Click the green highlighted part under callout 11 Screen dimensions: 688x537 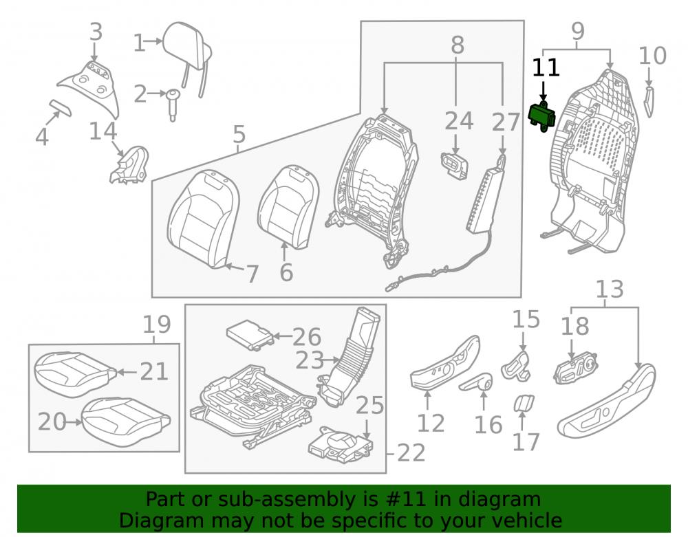pos(542,117)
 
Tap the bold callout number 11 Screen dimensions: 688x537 pos(546,68)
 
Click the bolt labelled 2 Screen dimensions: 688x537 pos(173,105)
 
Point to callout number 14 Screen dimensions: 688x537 pos(103,131)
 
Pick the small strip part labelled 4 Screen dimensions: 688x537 pos(60,107)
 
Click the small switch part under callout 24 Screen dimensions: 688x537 pos(455,165)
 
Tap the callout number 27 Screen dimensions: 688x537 pos(506,122)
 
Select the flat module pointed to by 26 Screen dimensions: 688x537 pos(249,334)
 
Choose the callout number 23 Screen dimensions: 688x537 pos(310,360)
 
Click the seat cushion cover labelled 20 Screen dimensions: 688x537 pos(126,421)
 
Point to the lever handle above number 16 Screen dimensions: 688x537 pos(475,382)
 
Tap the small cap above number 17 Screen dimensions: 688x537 pos(524,404)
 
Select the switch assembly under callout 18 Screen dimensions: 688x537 pos(576,369)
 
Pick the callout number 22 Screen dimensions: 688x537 pos(411,453)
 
